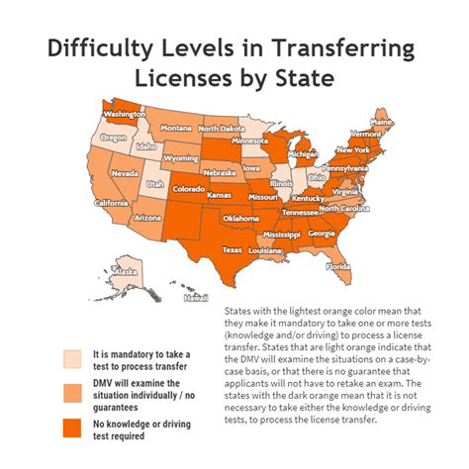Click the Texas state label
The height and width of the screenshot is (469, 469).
(x=232, y=250)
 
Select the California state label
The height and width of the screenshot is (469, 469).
(x=112, y=203)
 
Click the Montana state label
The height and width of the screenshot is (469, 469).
(x=176, y=129)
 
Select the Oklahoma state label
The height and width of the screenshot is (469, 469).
(x=241, y=218)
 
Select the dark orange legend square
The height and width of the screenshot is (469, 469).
(x=72, y=427)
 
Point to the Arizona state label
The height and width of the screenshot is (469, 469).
(x=148, y=217)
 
